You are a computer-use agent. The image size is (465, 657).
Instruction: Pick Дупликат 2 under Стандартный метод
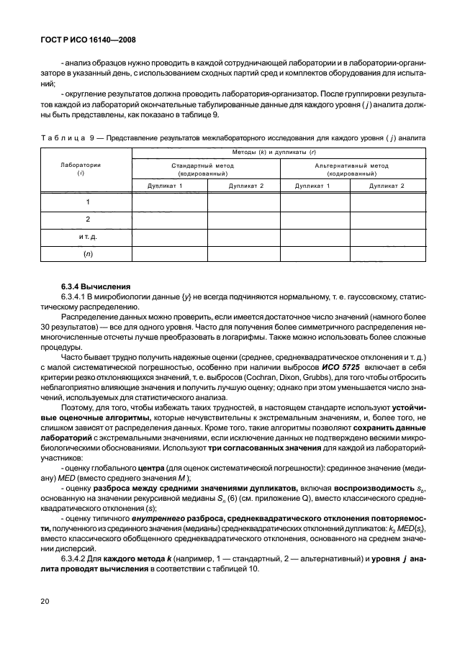(243, 186)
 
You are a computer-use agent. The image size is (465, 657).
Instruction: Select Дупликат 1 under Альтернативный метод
(314, 186)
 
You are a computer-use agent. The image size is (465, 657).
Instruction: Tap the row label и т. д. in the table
(88, 236)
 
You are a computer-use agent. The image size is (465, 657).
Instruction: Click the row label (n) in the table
(88, 253)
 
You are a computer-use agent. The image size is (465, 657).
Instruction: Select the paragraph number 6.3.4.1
(78, 296)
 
